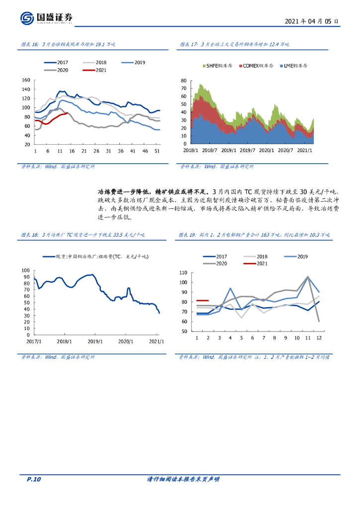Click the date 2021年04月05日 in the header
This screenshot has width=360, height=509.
coord(312,22)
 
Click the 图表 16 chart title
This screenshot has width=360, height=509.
coord(68,45)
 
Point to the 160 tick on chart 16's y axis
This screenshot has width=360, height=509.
coord(26,81)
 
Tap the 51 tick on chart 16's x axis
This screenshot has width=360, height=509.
coord(157,151)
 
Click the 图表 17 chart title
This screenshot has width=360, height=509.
coord(234,45)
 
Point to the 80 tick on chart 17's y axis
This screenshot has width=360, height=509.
coord(183,81)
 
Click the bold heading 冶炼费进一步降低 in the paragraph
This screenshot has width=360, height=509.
coord(125,191)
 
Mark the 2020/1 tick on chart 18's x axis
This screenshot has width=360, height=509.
coord(126,341)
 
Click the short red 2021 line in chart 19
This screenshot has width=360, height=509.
coord(202,300)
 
